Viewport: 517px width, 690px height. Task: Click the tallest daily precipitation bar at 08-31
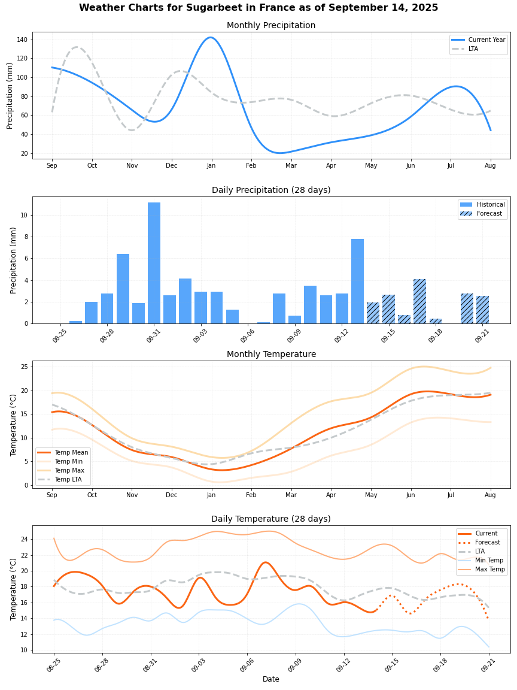(x=154, y=263)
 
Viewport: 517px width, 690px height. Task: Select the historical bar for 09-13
(x=357, y=281)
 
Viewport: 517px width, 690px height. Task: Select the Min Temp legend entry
(x=490, y=560)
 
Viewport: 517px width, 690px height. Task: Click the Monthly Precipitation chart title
(x=271, y=26)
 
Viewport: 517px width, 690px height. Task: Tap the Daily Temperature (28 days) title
(x=271, y=519)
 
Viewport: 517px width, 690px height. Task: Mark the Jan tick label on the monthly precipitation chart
(x=211, y=165)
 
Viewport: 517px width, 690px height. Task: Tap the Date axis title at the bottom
(x=271, y=679)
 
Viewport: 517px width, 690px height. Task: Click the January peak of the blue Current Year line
(x=211, y=38)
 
